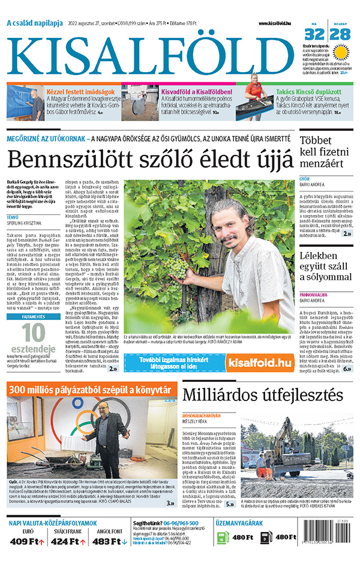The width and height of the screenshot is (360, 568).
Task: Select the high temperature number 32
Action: [316, 34]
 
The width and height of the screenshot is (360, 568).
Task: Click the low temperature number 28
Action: [340, 34]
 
